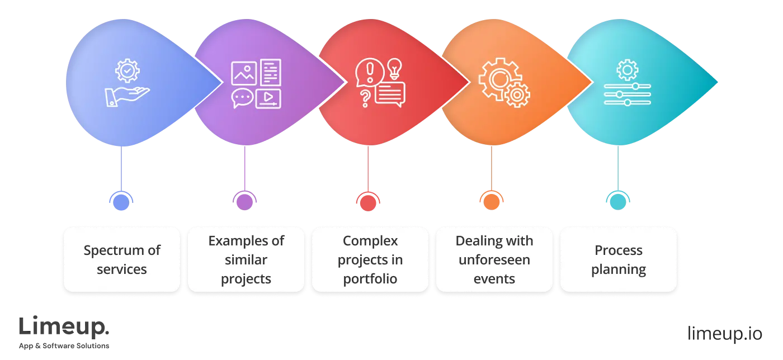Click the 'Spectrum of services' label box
122,259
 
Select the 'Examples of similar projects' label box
246,259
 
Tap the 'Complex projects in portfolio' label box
370,259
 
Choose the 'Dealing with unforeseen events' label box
494,259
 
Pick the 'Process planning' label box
619,259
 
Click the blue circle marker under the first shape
121,200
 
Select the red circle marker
367,200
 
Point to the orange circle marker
492,200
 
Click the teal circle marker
617,200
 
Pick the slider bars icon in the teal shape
627,94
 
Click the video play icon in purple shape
268,98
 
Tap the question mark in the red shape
365,98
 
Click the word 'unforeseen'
494,259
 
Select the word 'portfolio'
370,278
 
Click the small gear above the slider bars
627,70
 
